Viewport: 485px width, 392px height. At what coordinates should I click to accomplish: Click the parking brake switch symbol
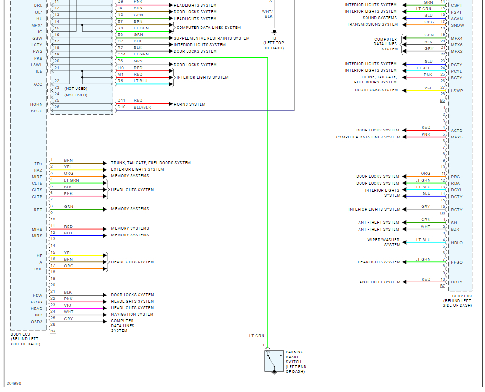pos(274,361)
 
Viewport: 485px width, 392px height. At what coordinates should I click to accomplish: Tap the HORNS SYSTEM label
pos(189,104)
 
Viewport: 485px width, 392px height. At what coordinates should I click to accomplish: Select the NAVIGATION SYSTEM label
pos(132,314)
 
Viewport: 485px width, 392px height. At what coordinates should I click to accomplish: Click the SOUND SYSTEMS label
pos(380,18)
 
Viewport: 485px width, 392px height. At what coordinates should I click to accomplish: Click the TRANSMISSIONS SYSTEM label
pos(372,24)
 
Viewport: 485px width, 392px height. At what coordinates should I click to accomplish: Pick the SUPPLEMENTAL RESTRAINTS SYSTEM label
pos(211,38)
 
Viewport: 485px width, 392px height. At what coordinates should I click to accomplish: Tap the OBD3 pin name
pos(37,322)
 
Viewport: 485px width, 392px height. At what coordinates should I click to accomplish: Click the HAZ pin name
pos(38,170)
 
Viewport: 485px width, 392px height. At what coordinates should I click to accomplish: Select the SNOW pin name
pos(457,25)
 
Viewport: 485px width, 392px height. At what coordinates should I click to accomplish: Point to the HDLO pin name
pos(457,243)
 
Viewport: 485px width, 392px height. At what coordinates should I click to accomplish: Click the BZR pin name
pos(455,229)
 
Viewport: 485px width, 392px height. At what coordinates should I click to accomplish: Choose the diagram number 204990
pos(14,383)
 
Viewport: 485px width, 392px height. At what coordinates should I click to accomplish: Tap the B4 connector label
pos(53,331)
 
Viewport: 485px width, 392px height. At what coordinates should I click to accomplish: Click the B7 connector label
pos(442,286)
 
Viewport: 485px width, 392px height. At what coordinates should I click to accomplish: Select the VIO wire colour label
pos(68,305)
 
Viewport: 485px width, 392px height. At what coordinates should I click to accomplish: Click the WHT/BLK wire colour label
pos(267,14)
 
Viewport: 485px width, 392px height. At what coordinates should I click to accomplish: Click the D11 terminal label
pos(121,100)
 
